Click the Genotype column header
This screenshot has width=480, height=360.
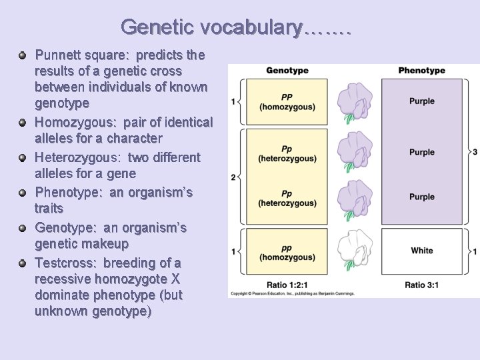(287, 71)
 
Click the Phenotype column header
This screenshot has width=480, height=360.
(421, 71)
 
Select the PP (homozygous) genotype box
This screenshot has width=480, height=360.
(287, 102)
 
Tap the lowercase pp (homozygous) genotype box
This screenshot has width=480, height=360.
(287, 252)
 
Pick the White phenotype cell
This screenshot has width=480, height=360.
(421, 251)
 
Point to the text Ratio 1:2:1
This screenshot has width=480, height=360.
(287, 285)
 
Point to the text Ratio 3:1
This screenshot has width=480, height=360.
(421, 285)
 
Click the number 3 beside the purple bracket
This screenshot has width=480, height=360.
(475, 153)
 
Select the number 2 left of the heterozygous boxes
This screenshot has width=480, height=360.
(233, 177)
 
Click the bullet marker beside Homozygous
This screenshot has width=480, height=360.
(23, 123)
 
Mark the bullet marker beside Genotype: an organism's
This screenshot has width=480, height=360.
(23, 228)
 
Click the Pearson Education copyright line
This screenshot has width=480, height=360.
(292, 293)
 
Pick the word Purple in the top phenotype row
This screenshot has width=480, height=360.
(421, 101)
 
